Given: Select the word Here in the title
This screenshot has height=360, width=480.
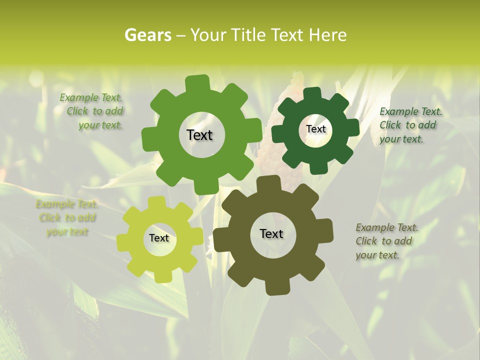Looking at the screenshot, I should click(x=328, y=35).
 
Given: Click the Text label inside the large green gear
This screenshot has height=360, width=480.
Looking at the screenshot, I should click(x=199, y=135).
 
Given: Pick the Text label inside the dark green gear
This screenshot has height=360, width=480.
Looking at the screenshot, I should click(x=315, y=129).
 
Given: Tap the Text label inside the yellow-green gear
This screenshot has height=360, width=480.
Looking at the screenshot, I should click(x=159, y=238).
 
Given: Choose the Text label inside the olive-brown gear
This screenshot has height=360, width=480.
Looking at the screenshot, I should click(x=271, y=233).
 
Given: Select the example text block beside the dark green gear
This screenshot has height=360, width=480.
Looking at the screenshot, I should click(x=410, y=125).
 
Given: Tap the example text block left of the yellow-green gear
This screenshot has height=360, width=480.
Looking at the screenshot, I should click(x=66, y=218).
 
